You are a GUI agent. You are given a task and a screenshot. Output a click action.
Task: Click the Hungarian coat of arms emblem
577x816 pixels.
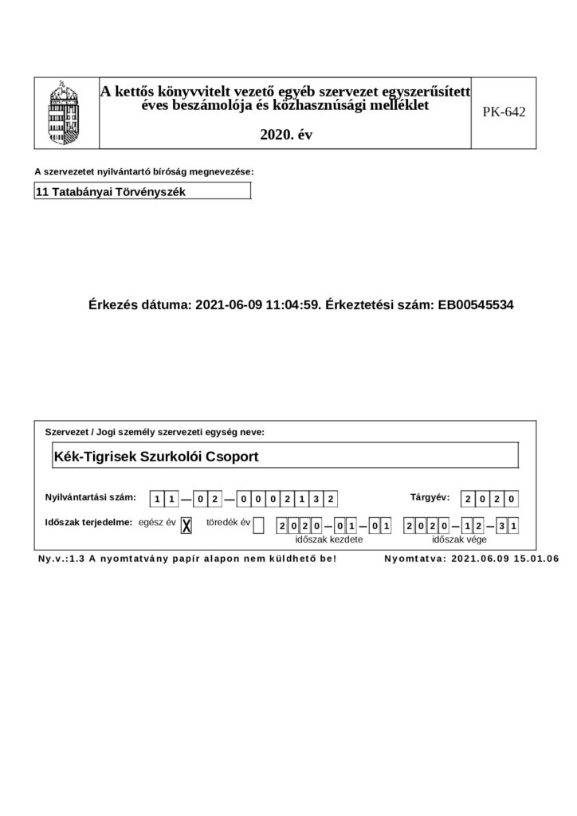(65, 112)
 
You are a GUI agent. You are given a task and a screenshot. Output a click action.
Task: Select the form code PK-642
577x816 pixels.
(504, 112)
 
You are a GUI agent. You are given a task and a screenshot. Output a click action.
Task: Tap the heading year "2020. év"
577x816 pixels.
(286, 135)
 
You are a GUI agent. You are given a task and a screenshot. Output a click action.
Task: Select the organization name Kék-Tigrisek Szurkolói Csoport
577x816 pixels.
(156, 457)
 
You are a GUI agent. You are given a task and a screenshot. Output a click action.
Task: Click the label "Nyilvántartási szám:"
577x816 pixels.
(90, 498)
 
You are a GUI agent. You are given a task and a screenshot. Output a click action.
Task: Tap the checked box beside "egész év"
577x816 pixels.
(186, 524)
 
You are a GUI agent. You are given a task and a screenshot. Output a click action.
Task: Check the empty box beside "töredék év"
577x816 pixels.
(257, 524)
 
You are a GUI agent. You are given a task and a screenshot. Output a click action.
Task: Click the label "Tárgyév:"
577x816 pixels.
(430, 498)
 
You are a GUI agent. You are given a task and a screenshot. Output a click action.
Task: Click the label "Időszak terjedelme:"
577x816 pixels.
(88, 523)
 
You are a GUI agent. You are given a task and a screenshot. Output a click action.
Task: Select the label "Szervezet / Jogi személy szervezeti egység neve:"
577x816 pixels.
(155, 432)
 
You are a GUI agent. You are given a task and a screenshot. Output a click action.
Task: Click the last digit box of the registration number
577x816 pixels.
(332, 500)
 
